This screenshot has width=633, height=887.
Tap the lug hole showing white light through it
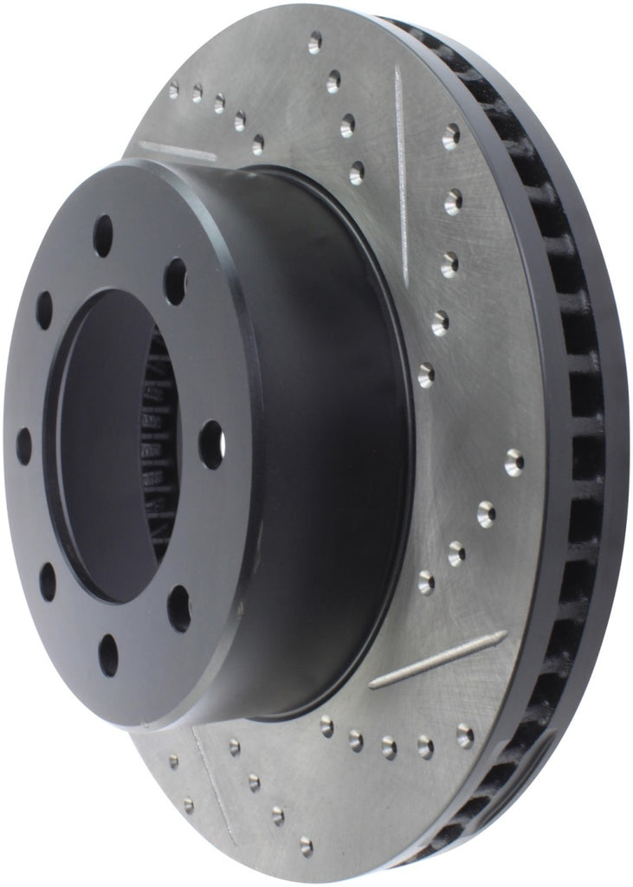click(x=210, y=443)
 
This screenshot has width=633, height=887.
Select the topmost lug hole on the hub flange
click(x=103, y=235)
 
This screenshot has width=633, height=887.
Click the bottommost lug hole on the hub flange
click(x=108, y=654)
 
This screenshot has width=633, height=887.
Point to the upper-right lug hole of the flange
click(x=175, y=281)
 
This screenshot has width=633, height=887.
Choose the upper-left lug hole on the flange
click(x=43, y=309)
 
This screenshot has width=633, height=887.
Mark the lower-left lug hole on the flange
click(x=47, y=581)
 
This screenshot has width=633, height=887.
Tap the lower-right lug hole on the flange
click(x=178, y=607)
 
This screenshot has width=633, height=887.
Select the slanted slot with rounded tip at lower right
click(x=437, y=659)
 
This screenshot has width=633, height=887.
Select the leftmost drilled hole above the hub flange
click(x=173, y=88)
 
